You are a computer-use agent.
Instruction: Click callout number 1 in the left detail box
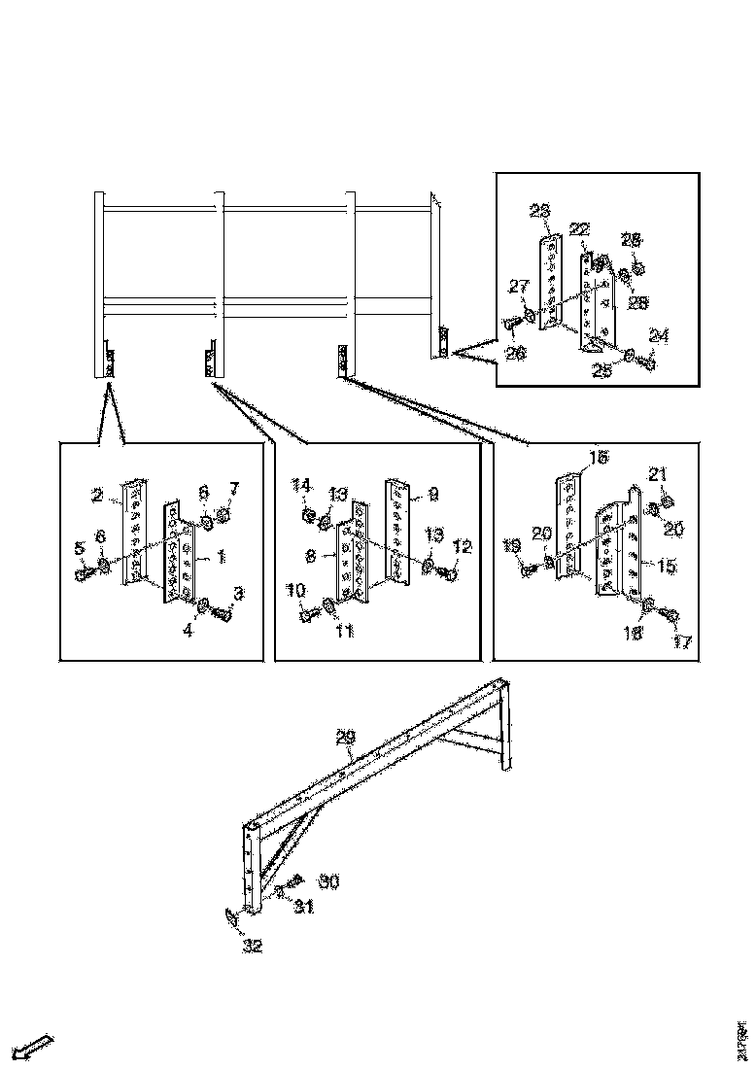click(x=221, y=557)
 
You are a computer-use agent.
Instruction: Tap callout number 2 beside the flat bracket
click(x=97, y=496)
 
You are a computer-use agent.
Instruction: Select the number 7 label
click(x=233, y=487)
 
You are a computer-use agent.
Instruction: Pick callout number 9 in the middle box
click(x=433, y=494)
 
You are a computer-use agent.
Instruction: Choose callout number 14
click(x=302, y=484)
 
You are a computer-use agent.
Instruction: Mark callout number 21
click(x=657, y=473)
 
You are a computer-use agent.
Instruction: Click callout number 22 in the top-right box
click(x=579, y=228)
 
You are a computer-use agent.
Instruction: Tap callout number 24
click(x=659, y=336)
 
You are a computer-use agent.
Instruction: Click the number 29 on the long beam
click(x=345, y=740)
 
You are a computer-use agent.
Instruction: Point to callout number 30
click(x=328, y=881)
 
